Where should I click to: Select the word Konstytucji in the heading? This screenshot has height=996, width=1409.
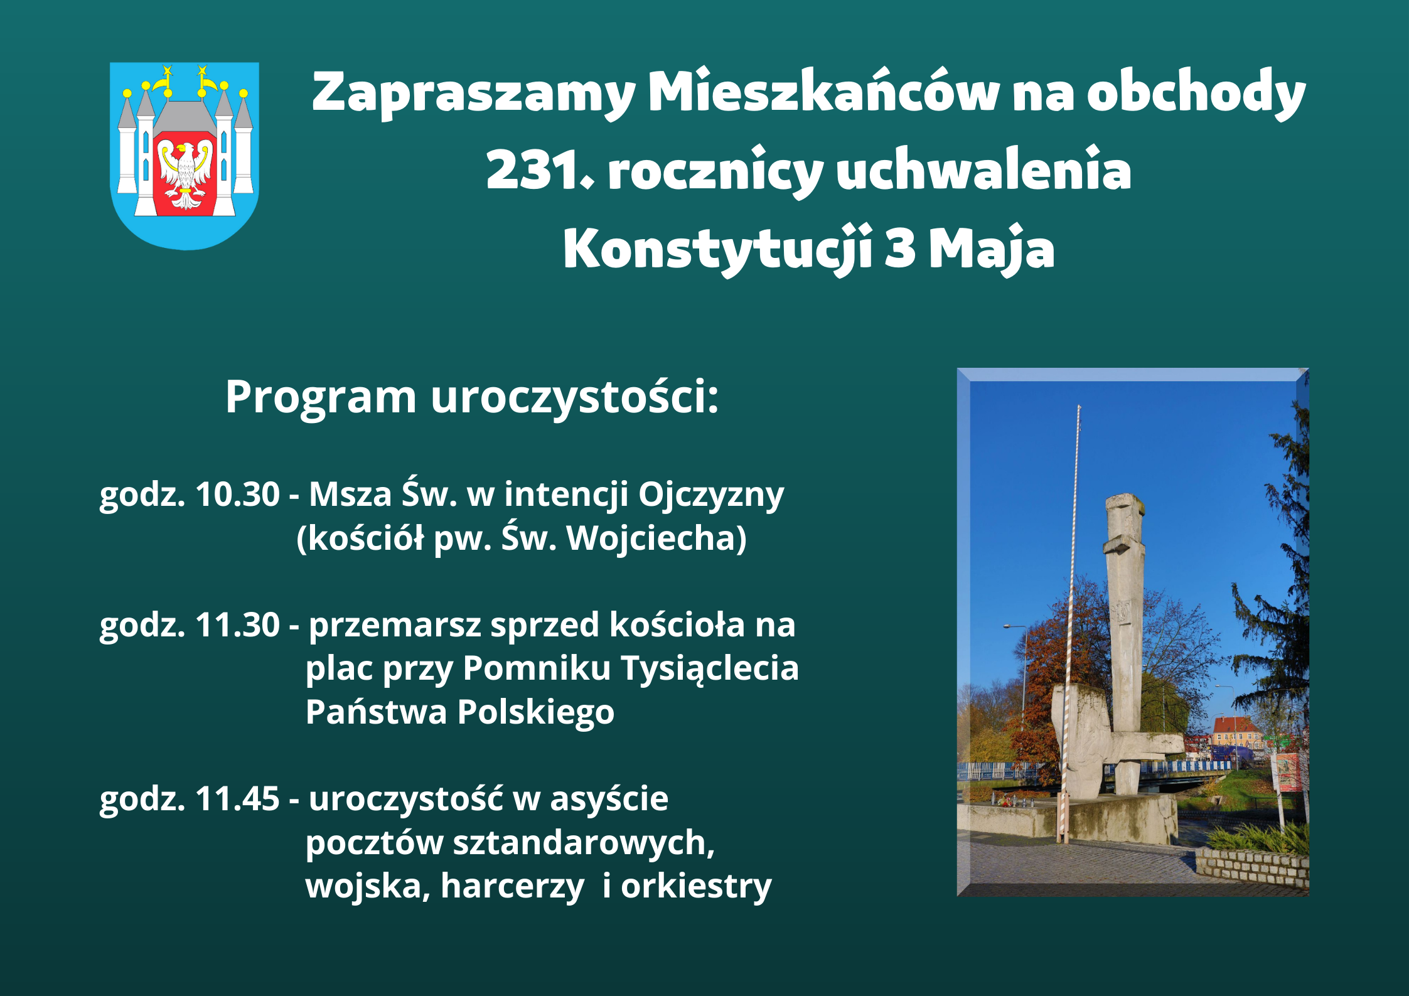(x=717, y=249)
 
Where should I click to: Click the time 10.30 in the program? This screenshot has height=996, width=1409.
(x=237, y=495)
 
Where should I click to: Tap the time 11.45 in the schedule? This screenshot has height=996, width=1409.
(x=237, y=799)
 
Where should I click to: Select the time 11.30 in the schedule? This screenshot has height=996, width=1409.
(x=237, y=625)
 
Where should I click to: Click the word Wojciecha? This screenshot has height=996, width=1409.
(x=656, y=538)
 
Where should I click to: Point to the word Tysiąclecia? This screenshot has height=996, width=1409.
(x=709, y=668)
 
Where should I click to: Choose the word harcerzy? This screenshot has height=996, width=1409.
(x=512, y=886)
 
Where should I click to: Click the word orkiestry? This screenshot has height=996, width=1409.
(x=696, y=886)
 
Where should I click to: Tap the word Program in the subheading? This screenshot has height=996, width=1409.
(x=321, y=398)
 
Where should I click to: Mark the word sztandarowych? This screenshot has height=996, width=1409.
(x=584, y=843)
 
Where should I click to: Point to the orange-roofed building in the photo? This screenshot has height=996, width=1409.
(x=1235, y=731)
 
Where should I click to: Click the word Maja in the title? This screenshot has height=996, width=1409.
(x=991, y=249)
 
